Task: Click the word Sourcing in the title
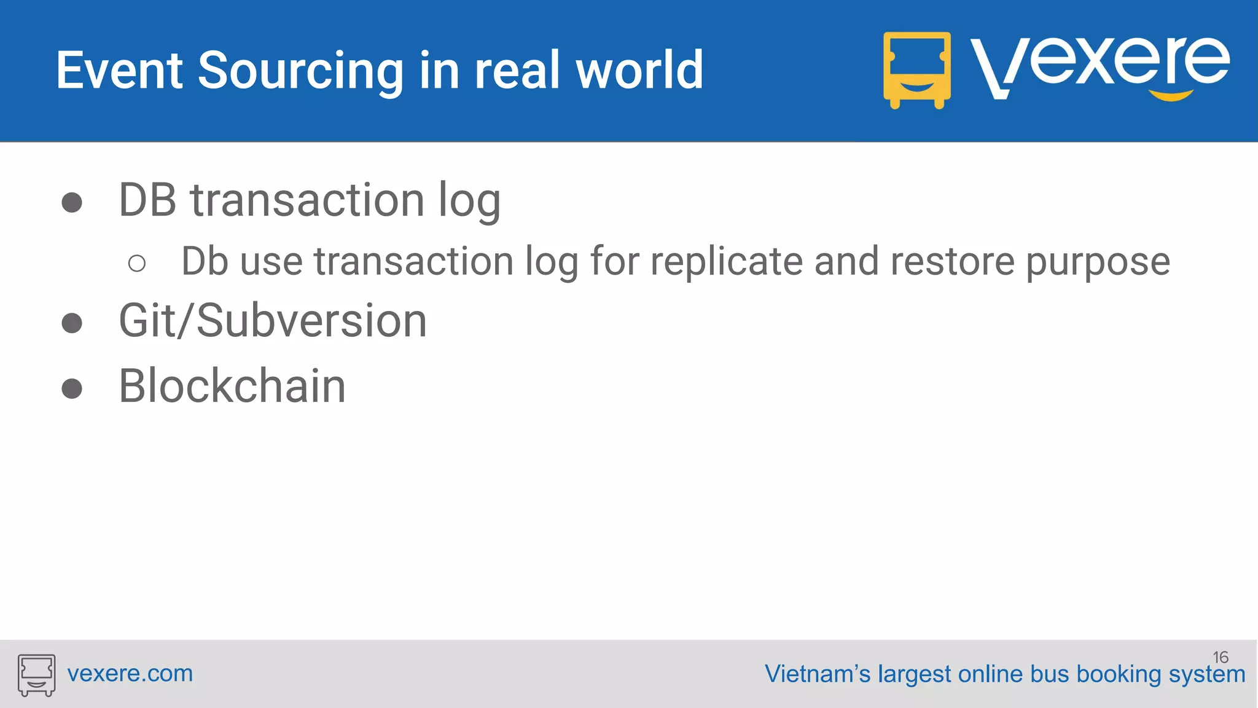[x=300, y=71]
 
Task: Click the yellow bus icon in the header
[x=916, y=70]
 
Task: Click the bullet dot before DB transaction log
[x=72, y=202]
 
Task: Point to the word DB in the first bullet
[x=147, y=200]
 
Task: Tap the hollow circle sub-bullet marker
[x=137, y=264]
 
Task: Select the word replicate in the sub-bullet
[x=726, y=262]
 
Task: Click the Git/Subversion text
[x=273, y=321]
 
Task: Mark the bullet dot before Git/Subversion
[x=72, y=323]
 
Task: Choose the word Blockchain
[x=232, y=386]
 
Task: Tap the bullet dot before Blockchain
[x=72, y=388]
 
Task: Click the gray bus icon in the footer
[x=36, y=675]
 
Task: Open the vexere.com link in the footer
[x=130, y=674]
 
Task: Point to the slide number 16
[x=1220, y=657]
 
